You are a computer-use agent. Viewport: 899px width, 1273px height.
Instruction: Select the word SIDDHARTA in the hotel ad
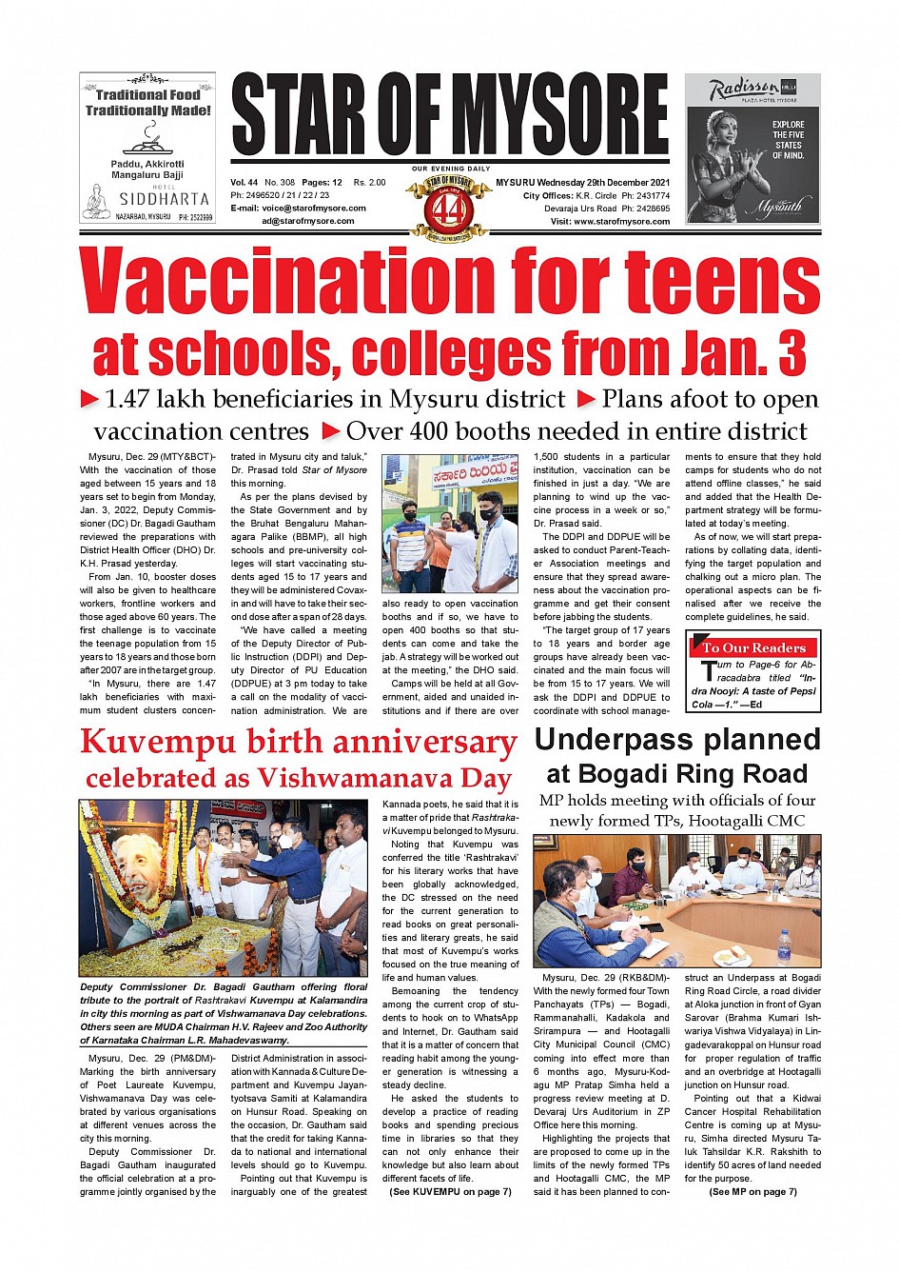pyautogui.click(x=164, y=200)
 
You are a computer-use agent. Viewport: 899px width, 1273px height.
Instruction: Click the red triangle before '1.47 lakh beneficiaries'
pyautogui.click(x=89, y=399)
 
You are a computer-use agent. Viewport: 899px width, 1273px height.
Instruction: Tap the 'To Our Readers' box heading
pyautogui.click(x=753, y=647)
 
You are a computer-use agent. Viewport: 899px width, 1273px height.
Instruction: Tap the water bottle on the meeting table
pyautogui.click(x=784, y=947)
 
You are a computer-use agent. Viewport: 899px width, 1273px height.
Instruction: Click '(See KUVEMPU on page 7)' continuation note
pyautogui.click(x=450, y=1191)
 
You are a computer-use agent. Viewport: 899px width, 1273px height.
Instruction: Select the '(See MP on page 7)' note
pyautogui.click(x=752, y=1191)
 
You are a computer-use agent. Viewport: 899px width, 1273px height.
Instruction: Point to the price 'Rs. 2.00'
pyautogui.click(x=370, y=182)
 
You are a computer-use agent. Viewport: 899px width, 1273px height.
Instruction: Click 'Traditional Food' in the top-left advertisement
pyautogui.click(x=147, y=94)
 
